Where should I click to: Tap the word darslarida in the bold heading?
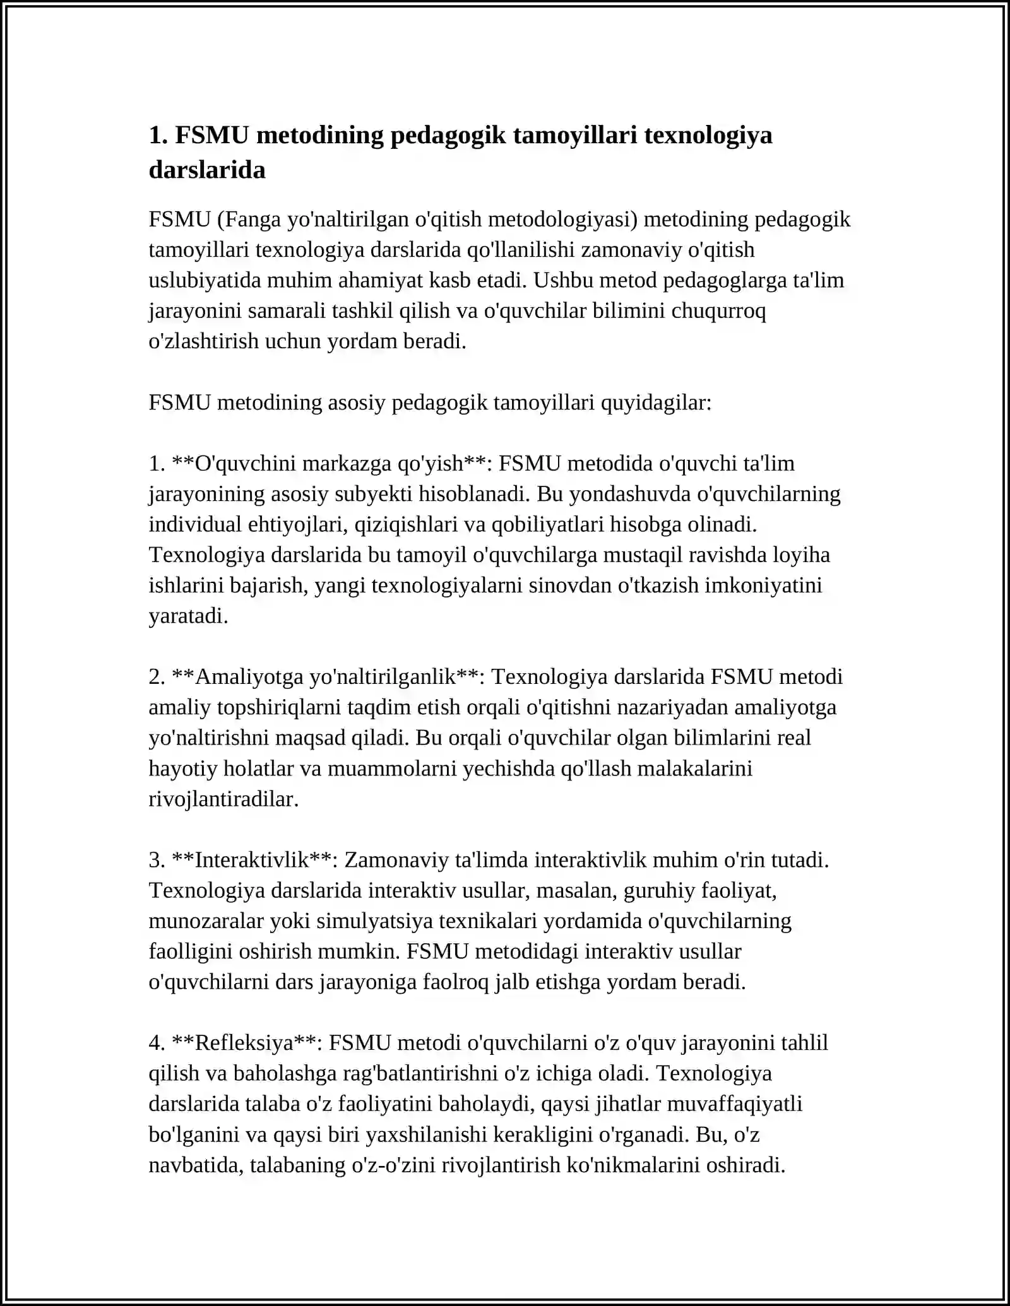(x=207, y=170)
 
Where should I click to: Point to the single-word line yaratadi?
(x=188, y=616)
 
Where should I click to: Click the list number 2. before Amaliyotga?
(x=157, y=677)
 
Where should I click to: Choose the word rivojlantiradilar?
(x=223, y=799)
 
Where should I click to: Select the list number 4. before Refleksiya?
(x=157, y=1043)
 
